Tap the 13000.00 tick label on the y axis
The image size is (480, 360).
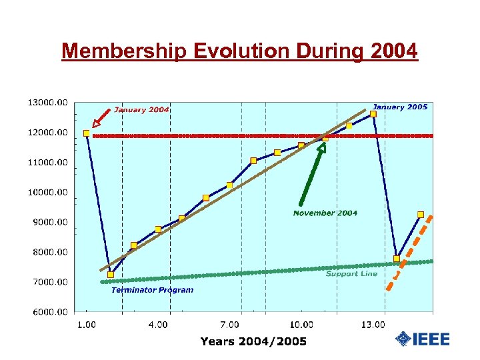point(47,103)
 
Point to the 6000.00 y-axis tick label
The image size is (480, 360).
point(47,312)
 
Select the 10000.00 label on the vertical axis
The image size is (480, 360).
point(47,192)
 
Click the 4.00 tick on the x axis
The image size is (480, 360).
point(158,325)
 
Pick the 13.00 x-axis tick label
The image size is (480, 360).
point(373,325)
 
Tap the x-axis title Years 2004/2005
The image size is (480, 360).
point(253,341)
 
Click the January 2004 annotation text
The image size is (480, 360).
point(141,110)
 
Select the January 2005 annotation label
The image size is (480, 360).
point(399,107)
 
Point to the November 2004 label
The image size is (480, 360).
point(325,213)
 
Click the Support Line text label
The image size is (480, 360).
point(351,273)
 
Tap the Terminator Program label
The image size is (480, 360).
point(152,290)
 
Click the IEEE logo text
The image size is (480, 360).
point(431,339)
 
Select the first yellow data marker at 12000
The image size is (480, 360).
point(87,133)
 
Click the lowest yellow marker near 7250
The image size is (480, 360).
point(111,275)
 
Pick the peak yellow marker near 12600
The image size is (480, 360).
point(373,114)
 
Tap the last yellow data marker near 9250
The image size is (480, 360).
point(421,215)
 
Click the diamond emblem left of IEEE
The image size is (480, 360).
point(403,339)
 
